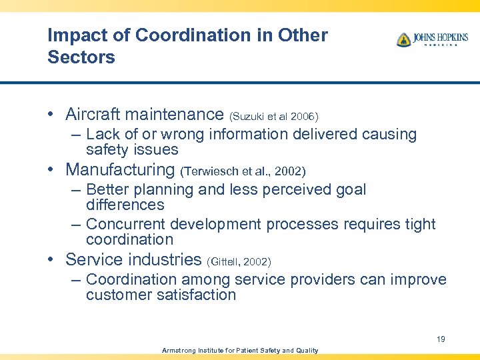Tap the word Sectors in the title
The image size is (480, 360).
click(x=81, y=57)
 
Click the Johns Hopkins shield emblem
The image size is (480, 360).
click(x=403, y=40)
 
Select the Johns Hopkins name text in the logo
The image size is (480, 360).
click(x=440, y=37)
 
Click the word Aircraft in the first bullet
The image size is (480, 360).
click(x=95, y=115)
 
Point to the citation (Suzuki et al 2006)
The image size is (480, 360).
click(x=274, y=117)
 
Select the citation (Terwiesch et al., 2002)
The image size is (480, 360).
click(x=243, y=171)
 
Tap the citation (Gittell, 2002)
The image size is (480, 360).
click(x=239, y=261)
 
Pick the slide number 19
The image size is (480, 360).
click(x=441, y=339)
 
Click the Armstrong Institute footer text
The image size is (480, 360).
click(x=240, y=351)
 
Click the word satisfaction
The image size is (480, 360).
click(x=198, y=295)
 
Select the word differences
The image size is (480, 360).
click(x=125, y=205)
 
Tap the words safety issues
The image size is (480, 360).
click(x=132, y=149)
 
